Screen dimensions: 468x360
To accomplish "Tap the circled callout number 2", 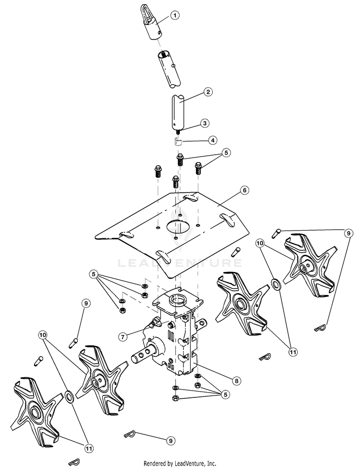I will click(x=208, y=91).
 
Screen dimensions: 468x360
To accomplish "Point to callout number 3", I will click(x=205, y=123).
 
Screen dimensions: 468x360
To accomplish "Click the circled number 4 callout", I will click(x=212, y=140).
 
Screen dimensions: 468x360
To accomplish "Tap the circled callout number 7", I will click(x=123, y=337).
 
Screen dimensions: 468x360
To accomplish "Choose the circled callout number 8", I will click(x=236, y=381).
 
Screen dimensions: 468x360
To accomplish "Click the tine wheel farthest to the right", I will click(x=305, y=262).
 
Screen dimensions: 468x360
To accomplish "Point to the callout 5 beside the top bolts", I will click(x=226, y=153).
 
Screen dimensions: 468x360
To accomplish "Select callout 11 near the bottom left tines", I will click(x=88, y=448).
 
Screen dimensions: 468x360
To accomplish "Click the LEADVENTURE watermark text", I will click(x=180, y=263).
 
